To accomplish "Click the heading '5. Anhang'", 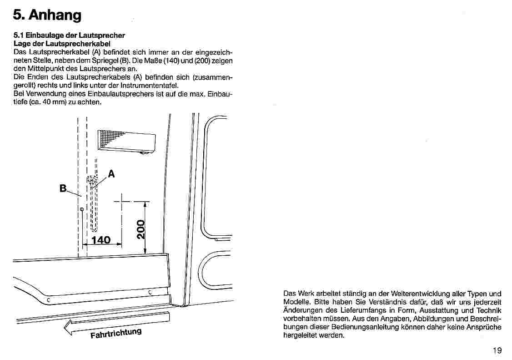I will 47,15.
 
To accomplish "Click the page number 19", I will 497,350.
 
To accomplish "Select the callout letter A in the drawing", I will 111,173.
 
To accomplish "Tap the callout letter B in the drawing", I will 63,188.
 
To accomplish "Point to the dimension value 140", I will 101,240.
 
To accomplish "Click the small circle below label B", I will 81,209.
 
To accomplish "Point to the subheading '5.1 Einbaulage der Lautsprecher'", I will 69,35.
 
